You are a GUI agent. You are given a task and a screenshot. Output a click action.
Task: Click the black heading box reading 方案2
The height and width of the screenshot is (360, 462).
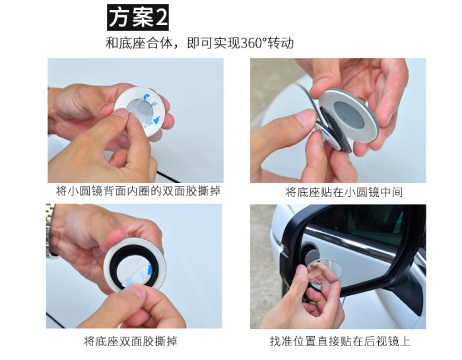tap(138, 17)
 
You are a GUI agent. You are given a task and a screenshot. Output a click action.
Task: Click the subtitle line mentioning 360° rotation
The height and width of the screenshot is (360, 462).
tap(199, 43)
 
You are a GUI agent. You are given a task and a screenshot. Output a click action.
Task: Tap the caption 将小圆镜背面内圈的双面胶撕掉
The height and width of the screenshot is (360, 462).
tap(138, 191)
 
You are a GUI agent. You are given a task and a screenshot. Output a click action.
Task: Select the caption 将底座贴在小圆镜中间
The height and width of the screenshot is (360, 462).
tap(344, 192)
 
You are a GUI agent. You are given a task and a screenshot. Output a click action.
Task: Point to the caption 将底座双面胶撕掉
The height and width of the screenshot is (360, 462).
tap(131, 341)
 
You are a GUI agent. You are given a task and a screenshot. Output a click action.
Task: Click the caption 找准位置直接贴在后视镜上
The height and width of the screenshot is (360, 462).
tap(340, 341)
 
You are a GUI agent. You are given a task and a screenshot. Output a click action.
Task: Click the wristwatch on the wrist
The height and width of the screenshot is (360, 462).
tap(50, 230)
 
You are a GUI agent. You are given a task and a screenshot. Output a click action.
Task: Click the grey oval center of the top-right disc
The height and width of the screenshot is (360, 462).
tap(348, 114)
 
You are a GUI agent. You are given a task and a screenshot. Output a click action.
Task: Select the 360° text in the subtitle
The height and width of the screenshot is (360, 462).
tap(253, 43)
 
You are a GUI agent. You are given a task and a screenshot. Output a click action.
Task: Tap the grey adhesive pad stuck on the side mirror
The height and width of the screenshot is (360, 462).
tap(312, 254)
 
